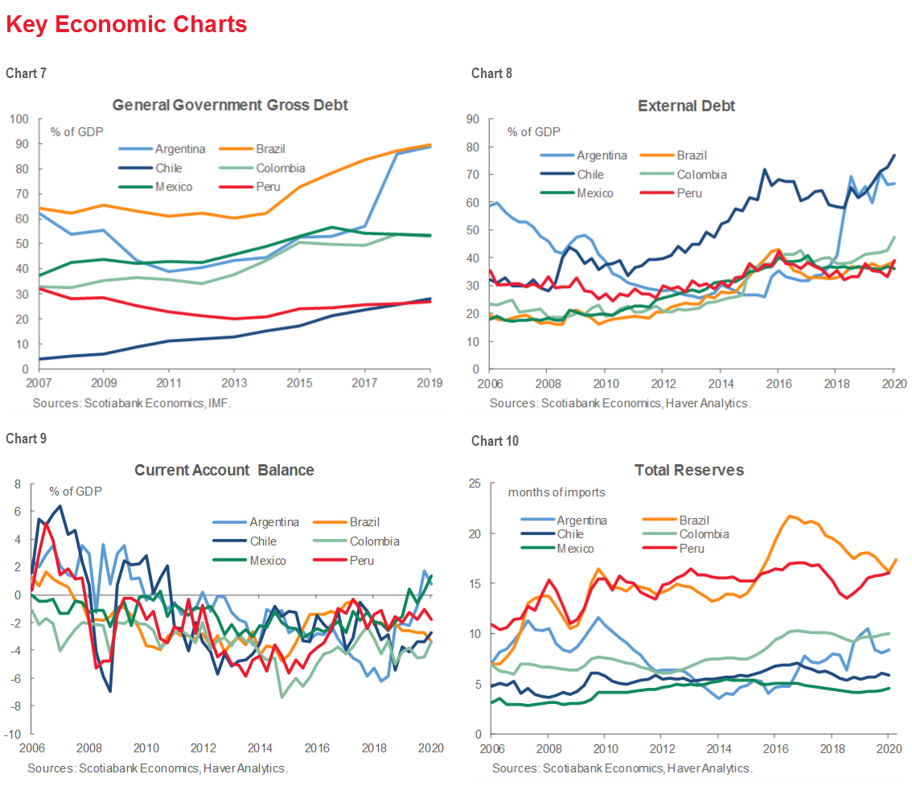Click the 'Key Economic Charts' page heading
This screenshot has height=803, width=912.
(x=126, y=25)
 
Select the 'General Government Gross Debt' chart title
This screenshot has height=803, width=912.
(x=230, y=105)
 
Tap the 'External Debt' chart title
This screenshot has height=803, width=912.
(x=686, y=105)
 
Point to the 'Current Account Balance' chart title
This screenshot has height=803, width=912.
(x=224, y=470)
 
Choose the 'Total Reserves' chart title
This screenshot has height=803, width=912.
(x=688, y=470)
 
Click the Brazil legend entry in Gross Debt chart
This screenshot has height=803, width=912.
(x=270, y=149)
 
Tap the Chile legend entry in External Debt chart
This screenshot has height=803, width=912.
(x=594, y=175)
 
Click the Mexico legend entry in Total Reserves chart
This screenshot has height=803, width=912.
(x=575, y=548)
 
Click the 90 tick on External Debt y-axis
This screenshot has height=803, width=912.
(x=474, y=119)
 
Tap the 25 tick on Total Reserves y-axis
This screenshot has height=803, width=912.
(x=475, y=484)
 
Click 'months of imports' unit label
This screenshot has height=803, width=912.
(x=556, y=492)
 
